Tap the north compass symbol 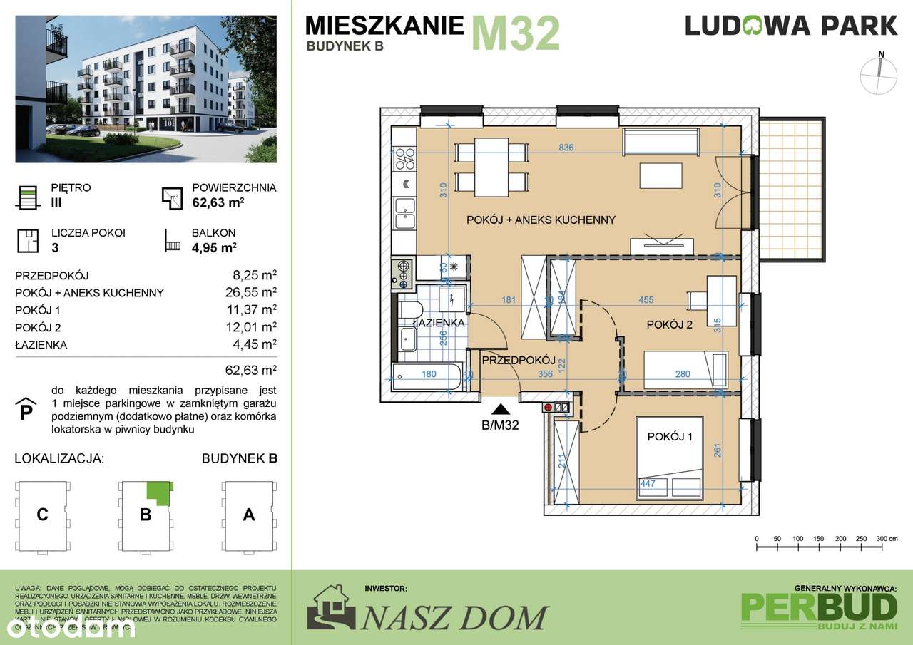pyautogui.click(x=881, y=74)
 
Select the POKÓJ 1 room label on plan pyautogui.click(x=669, y=437)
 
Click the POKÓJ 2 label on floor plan pyautogui.click(x=669, y=325)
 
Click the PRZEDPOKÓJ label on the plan pyautogui.click(x=518, y=361)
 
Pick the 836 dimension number pyautogui.click(x=566, y=148)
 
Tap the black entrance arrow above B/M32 pyautogui.click(x=501, y=409)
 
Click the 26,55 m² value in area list pyautogui.click(x=250, y=292)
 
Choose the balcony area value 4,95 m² pyautogui.click(x=214, y=247)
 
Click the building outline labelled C pyautogui.click(x=43, y=515)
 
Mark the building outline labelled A pyautogui.click(x=249, y=515)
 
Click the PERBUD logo pyautogui.click(x=819, y=607)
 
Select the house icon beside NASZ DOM pyautogui.click(x=330, y=608)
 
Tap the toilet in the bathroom pyautogui.click(x=409, y=310)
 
